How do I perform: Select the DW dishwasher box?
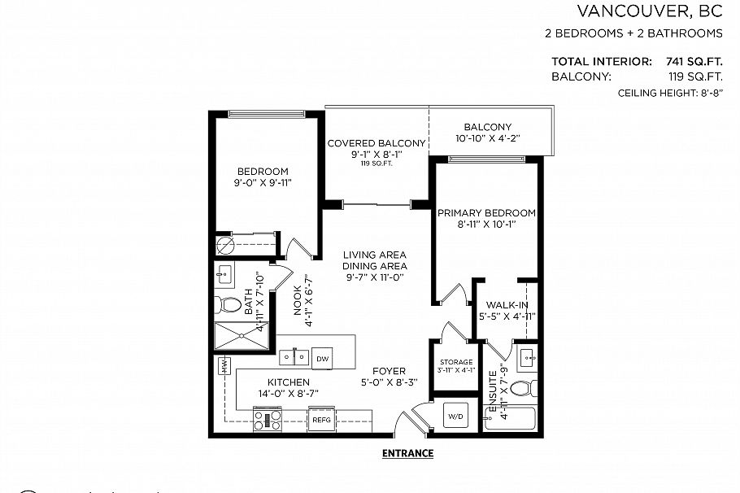coord(322,358)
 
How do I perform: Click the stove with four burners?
coord(268,420)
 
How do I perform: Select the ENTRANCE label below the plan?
coord(407,453)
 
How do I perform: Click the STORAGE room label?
coord(456,362)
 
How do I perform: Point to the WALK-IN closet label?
coord(507,305)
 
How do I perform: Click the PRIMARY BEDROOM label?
coord(486,213)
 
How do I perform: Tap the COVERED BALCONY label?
coord(376,144)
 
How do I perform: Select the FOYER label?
coord(389,371)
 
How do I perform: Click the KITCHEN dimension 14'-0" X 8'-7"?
coord(289,393)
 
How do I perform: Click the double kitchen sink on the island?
coord(293,357)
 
